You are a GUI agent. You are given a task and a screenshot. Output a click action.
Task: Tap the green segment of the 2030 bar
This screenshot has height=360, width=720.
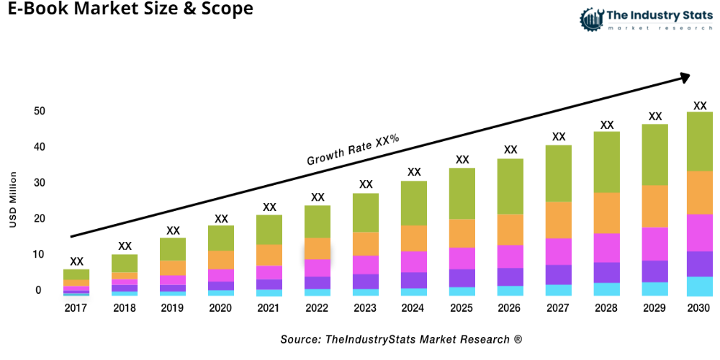pyautogui.click(x=699, y=141)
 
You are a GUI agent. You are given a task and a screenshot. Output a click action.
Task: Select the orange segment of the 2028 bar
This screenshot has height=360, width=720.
pyautogui.click(x=607, y=213)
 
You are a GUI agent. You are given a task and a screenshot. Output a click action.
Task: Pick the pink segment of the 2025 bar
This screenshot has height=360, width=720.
pyautogui.click(x=462, y=258)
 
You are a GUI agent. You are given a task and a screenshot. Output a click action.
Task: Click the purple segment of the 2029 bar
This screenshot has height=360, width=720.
pyautogui.click(x=655, y=271)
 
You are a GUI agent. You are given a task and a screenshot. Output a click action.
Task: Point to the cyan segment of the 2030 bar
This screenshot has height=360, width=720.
pyautogui.click(x=699, y=286)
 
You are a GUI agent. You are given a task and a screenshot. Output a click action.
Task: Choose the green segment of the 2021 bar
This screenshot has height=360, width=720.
pyautogui.click(x=269, y=230)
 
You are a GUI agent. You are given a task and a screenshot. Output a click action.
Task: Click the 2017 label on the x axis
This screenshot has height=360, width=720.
pyautogui.click(x=76, y=308)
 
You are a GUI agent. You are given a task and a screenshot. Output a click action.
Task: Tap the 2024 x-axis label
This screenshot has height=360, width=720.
pyautogui.click(x=414, y=308)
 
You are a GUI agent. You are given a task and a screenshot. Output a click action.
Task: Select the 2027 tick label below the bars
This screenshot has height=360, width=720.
pyautogui.click(x=559, y=308)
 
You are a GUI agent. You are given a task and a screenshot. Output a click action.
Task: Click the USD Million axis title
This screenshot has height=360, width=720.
pyautogui.click(x=13, y=199)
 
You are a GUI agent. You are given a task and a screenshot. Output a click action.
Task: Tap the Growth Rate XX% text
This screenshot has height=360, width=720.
pyautogui.click(x=353, y=150)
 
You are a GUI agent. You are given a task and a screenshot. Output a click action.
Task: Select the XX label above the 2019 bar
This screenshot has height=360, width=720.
pyautogui.click(x=173, y=230)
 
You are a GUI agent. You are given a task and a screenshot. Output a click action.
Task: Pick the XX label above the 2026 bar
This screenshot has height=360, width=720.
pyautogui.click(x=510, y=150)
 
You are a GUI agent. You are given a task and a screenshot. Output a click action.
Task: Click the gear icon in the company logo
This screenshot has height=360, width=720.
pyautogui.click(x=592, y=17)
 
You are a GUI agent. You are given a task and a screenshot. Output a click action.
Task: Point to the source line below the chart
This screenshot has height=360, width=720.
pyautogui.click(x=401, y=338)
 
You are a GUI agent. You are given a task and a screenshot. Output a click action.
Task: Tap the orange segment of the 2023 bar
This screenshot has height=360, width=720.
pyautogui.click(x=366, y=243)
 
